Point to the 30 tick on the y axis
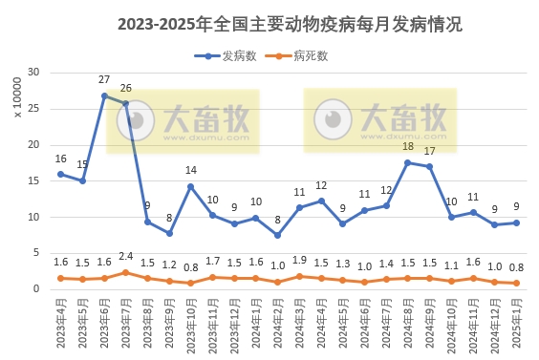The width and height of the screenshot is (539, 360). pyautogui.click(x=33, y=73)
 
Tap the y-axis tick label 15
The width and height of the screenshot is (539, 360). pyautogui.click(x=33, y=180)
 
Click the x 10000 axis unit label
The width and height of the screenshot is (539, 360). pyautogui.click(x=17, y=99)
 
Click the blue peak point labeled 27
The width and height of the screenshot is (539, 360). pyautogui.click(x=104, y=95)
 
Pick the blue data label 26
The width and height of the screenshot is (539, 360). pyautogui.click(x=126, y=88)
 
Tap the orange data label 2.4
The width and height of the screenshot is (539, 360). pyautogui.click(x=126, y=256)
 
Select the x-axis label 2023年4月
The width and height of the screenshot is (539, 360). pyautogui.click(x=61, y=325)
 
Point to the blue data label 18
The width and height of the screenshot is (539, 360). pyautogui.click(x=408, y=147)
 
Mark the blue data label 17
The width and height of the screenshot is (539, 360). pyautogui.click(x=430, y=151)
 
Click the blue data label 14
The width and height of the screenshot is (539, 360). pyautogui.click(x=191, y=171)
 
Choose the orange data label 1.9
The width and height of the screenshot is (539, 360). pyautogui.click(x=299, y=260)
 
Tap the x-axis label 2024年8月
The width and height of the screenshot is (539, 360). pyautogui.click(x=407, y=325)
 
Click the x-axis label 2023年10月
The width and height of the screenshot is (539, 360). pyautogui.click(x=191, y=327)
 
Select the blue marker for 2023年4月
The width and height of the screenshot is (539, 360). pyautogui.click(x=61, y=174)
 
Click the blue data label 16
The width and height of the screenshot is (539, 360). pyautogui.click(x=61, y=159)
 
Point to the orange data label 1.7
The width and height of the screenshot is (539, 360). pyautogui.click(x=212, y=261)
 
